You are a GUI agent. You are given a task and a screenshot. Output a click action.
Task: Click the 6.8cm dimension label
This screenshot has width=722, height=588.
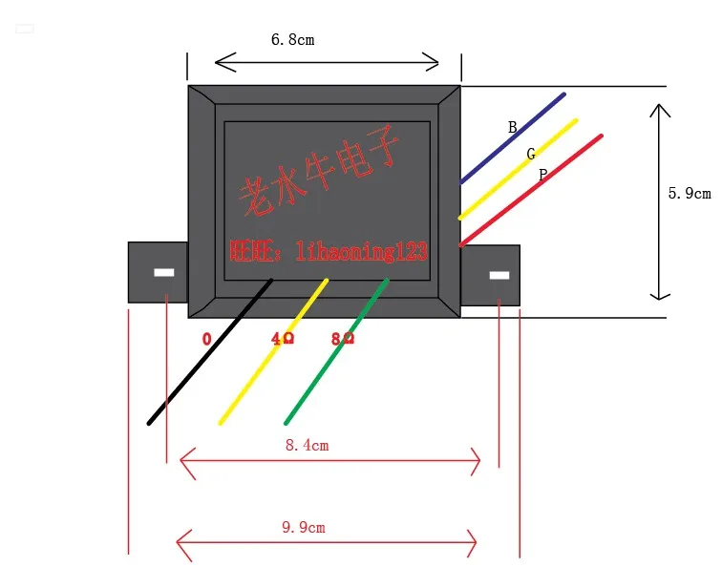pyautogui.click(x=292, y=40)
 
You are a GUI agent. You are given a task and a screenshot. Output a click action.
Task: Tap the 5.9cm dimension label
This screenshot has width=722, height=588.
pyautogui.click(x=690, y=193)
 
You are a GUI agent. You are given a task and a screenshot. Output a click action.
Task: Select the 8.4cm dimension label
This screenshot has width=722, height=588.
pyautogui.click(x=307, y=445)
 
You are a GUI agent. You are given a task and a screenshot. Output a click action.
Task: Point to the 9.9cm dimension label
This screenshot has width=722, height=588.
pyautogui.click(x=308, y=526)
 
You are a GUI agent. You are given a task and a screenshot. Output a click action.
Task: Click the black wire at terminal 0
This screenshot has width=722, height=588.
pyautogui.click(x=210, y=352)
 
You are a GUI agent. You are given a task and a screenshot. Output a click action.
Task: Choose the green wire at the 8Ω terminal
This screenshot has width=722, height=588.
pyautogui.click(x=336, y=352)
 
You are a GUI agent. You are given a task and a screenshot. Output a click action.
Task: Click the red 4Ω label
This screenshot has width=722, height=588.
pyautogui.click(x=283, y=339)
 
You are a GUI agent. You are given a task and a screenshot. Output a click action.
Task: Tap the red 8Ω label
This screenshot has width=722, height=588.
pyautogui.click(x=342, y=339)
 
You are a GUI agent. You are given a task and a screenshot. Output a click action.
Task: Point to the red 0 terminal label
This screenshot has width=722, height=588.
pyautogui.click(x=206, y=339)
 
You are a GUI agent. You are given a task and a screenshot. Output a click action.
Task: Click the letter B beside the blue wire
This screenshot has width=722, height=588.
pyautogui.click(x=512, y=127)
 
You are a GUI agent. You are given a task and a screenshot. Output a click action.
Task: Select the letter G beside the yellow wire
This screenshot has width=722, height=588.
pyautogui.click(x=531, y=154)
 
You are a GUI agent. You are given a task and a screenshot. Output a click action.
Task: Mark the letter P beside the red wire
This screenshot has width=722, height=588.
pyautogui.click(x=542, y=175)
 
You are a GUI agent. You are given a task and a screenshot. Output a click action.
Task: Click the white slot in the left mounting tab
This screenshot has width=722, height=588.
pyautogui.click(x=164, y=272)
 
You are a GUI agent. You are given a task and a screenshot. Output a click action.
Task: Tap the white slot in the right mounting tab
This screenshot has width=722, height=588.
pyautogui.click(x=499, y=276)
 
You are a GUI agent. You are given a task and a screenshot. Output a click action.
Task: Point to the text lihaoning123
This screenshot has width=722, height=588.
pyautogui.click(x=362, y=252)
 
